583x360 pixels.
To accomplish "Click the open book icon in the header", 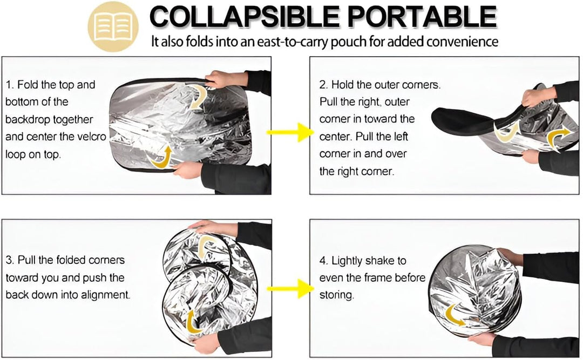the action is tap(113, 27).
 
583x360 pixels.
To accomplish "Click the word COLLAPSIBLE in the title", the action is tap(245, 16).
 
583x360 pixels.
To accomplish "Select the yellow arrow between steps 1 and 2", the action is tap(290, 132).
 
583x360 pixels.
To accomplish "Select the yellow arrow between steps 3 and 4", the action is tap(290, 289).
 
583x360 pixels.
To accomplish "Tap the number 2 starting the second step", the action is tap(323, 85).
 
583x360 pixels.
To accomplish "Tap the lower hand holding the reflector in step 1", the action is tap(188, 171).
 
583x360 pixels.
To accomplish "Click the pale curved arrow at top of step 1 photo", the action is tap(199, 97).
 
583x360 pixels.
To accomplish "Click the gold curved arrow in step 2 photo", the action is tap(558, 138).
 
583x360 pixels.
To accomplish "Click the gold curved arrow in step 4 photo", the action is tap(453, 315).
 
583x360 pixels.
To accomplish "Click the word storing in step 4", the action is tap(336, 295).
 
